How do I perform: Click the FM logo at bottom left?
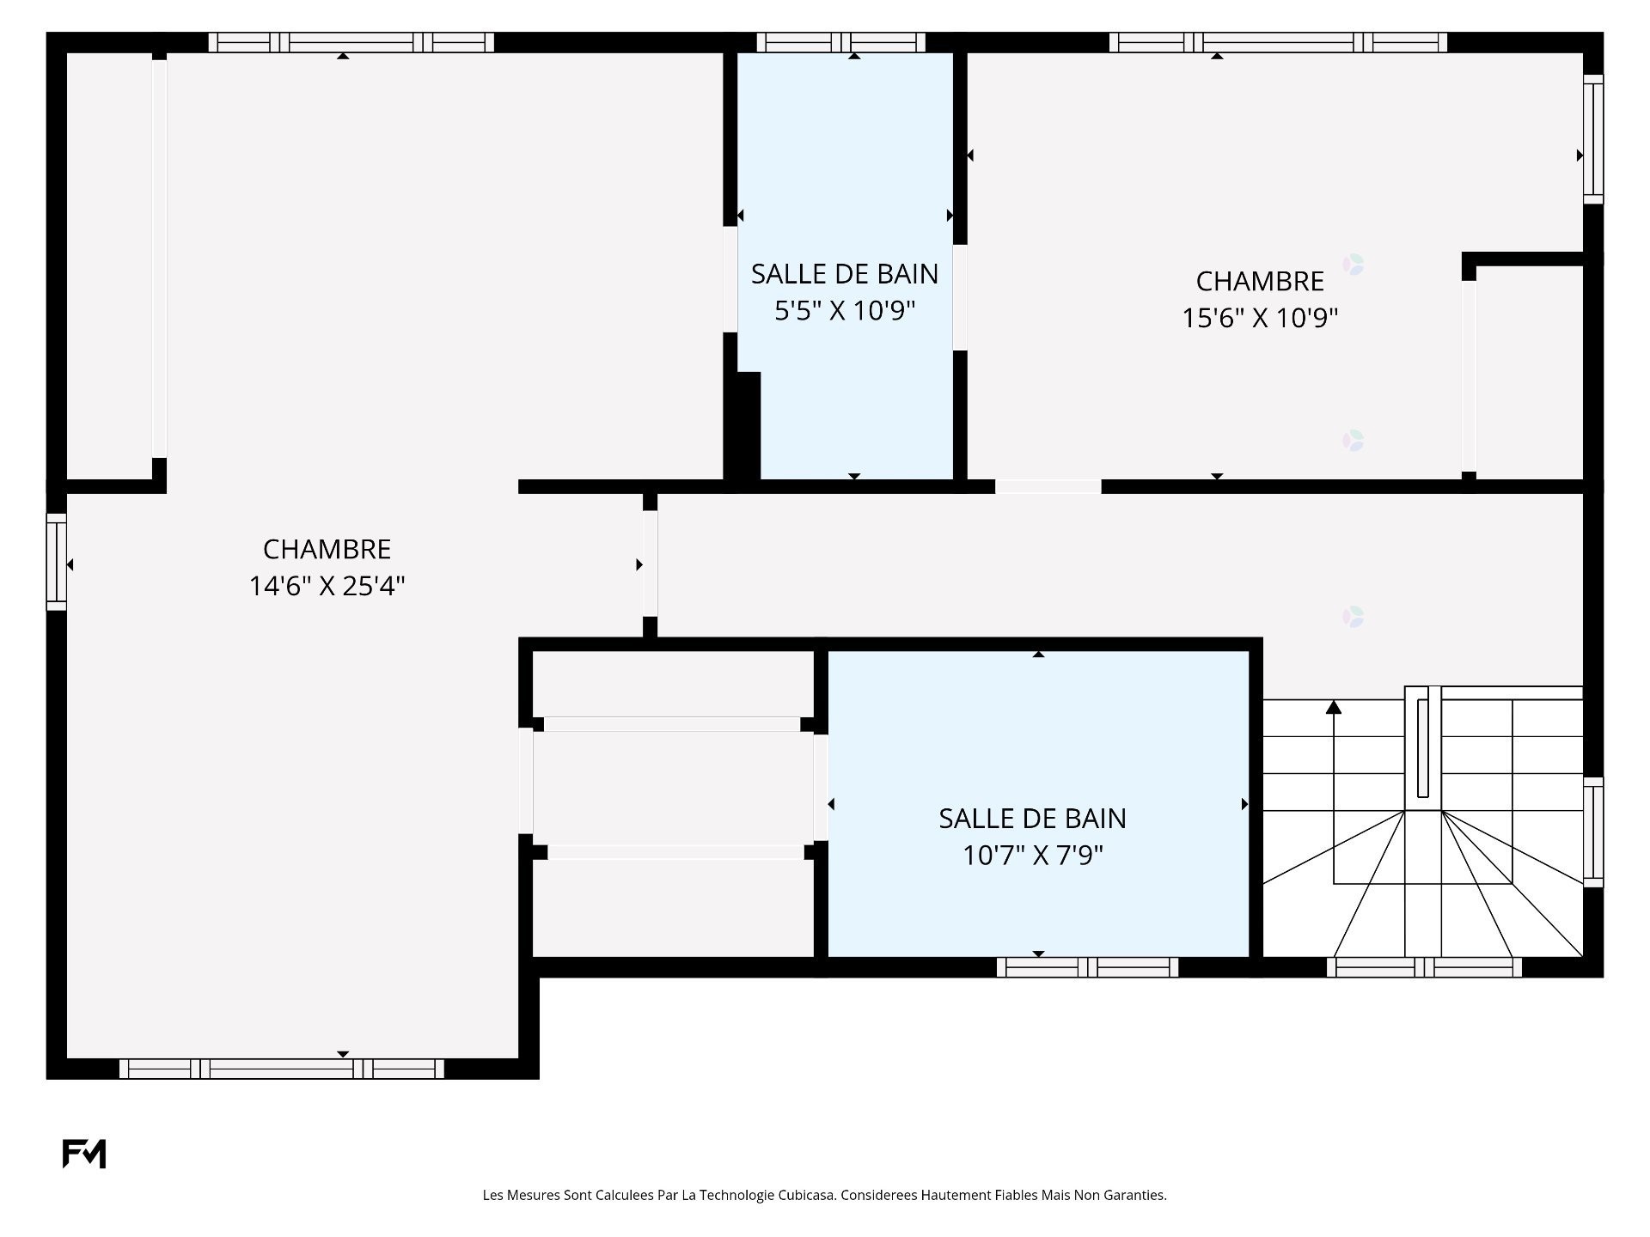83,1154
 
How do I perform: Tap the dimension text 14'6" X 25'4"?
327,586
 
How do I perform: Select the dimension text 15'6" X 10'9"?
1260,318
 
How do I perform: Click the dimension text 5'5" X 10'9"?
845,310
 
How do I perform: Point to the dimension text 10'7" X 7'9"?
1032,856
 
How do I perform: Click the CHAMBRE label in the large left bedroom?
327,549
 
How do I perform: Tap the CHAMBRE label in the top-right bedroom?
1260,281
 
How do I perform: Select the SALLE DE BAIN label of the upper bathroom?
845,273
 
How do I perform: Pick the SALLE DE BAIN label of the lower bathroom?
1032,819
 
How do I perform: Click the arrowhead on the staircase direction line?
1334,707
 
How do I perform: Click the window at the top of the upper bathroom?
840,42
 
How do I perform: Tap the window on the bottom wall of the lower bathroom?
1087,967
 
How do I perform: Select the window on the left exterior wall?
56,562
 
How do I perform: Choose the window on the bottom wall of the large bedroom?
281,1069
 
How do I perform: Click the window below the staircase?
1424,967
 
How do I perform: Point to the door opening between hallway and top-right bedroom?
1048,486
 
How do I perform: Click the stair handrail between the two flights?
1423,747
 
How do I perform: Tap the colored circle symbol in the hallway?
1353,617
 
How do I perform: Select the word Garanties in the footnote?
1136,1195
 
